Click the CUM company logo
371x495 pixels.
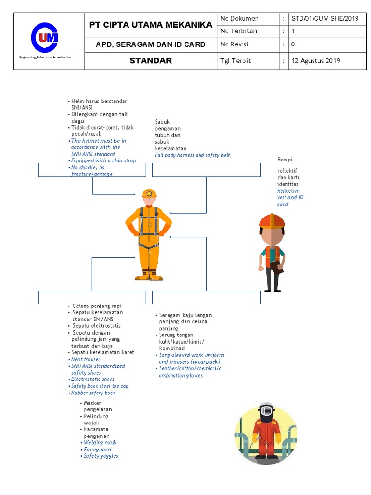pyautogui.click(x=44, y=38)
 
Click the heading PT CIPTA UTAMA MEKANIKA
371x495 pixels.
pyautogui.click(x=151, y=25)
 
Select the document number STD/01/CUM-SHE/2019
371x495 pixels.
pyautogui.click(x=325, y=19)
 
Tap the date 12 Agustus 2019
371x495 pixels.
pyautogui.click(x=315, y=61)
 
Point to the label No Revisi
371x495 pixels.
pyautogui.click(x=235, y=44)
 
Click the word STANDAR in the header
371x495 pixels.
pyautogui.click(x=151, y=61)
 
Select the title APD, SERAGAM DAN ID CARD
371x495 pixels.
pyautogui.click(x=151, y=44)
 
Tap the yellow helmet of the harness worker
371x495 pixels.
pyautogui.click(x=149, y=194)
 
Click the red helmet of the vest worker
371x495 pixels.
pyautogui.click(x=272, y=221)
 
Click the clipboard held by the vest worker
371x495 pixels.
pyautogui.click(x=276, y=266)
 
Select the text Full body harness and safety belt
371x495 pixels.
pyautogui.click(x=192, y=155)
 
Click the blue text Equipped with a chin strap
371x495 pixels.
pyautogui.click(x=103, y=160)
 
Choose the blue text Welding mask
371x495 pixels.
pyautogui.click(x=100, y=442)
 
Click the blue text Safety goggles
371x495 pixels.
pyautogui.click(x=100, y=456)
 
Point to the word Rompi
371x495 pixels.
pyautogui.click(x=285, y=160)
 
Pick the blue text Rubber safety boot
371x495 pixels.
pyautogui.click(x=93, y=393)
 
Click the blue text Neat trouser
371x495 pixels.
pyautogui.click(x=86, y=359)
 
